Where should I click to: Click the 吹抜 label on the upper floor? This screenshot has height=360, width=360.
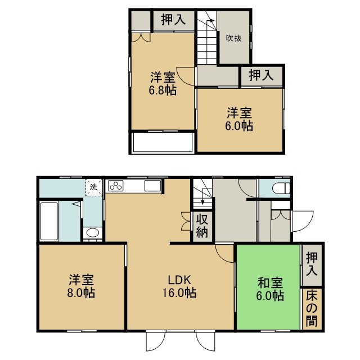point(234,38)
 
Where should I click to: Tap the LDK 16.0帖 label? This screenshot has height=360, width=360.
point(179,286)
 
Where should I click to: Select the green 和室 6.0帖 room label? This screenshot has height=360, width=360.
point(270,289)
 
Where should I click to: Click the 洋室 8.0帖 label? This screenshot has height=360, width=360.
point(81,286)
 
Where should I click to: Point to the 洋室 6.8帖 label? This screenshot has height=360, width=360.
point(163,84)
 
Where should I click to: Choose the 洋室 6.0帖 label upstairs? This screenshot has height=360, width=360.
point(239,119)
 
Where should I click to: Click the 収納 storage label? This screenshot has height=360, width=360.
point(202,226)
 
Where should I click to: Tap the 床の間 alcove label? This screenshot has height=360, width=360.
point(311,308)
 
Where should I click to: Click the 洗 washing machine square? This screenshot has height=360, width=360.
point(94,187)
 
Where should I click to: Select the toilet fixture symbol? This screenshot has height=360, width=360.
point(281,188)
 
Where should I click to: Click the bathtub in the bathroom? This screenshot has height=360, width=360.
point(49,221)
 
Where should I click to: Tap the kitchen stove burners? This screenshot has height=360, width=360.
point(116,186)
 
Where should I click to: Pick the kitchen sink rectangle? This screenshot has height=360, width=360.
point(152,186)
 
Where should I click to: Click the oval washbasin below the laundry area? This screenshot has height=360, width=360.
point(92,233)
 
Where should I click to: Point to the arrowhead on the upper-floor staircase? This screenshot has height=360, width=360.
point(212,21)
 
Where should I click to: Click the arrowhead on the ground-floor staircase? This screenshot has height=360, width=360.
point(202,202)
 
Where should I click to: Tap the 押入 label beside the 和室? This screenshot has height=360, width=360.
point(312,264)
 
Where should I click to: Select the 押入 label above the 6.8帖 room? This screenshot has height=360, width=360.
point(173,20)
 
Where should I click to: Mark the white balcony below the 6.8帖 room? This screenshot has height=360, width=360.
point(163,142)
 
